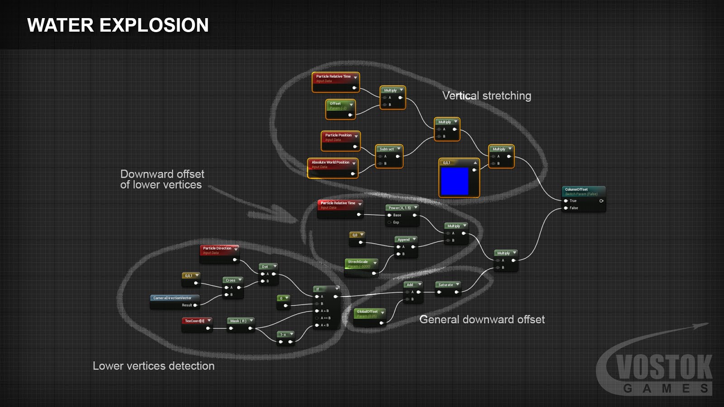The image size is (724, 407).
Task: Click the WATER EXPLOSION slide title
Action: pos(118,25)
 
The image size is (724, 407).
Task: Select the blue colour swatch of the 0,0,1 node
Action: pos(455,181)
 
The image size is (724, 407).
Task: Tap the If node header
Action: pos(326,289)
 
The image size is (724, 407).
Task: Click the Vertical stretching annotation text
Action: pos(486,96)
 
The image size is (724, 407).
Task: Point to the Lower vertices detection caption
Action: pos(153,366)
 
